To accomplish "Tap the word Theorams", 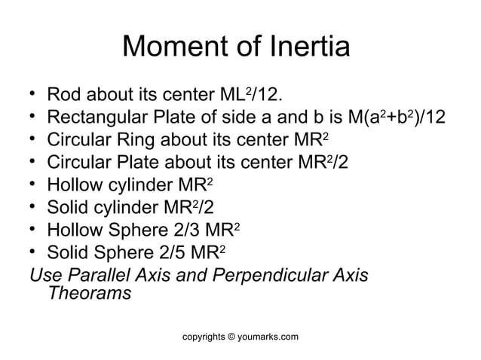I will tap(88, 293).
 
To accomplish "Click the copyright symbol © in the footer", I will tap(230, 335).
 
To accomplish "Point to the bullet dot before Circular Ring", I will tap(32, 141).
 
